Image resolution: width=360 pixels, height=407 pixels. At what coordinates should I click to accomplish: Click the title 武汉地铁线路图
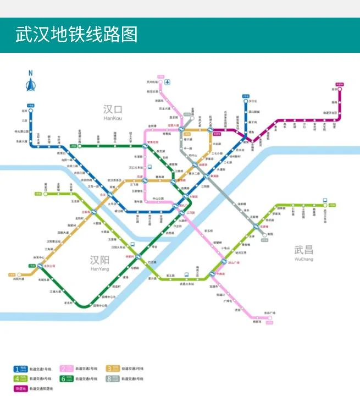(76, 35)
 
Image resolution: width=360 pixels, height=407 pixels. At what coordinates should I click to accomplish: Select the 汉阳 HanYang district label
(99, 262)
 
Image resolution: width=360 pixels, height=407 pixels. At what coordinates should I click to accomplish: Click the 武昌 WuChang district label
(303, 252)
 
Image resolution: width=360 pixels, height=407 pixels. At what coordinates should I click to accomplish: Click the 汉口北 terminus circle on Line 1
(245, 101)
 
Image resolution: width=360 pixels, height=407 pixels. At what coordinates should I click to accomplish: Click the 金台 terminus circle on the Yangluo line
(340, 89)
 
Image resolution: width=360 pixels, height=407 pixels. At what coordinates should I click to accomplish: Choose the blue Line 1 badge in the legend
(21, 369)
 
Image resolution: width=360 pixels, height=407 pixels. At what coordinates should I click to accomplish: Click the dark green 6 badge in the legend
(67, 378)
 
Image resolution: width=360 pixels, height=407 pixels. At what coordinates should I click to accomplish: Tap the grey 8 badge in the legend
(113, 378)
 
